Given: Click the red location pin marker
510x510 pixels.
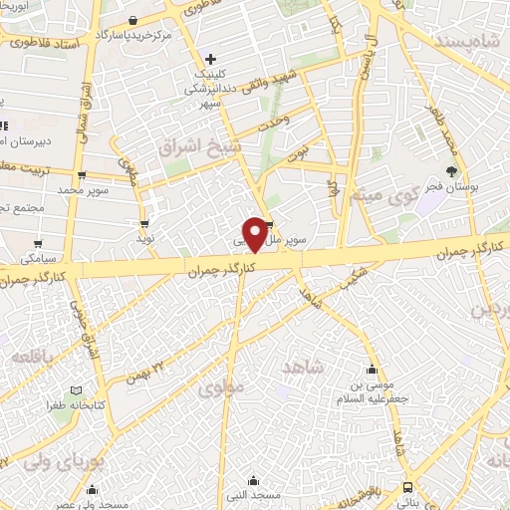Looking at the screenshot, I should pyautogui.click(x=255, y=235).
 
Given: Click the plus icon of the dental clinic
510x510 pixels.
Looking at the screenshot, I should pyautogui.click(x=210, y=59).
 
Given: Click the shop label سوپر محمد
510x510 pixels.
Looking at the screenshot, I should pyautogui.click(x=82, y=189).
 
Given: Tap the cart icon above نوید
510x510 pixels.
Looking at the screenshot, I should pyautogui.click(x=146, y=223).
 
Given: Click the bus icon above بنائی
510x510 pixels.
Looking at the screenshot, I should pyautogui.click(x=408, y=487).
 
